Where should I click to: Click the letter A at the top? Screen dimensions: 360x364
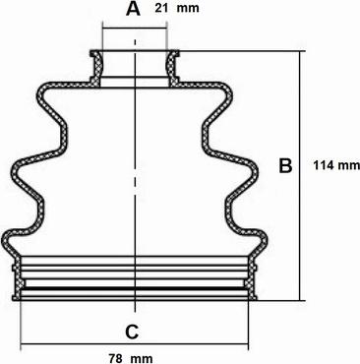pyautogui.click(x=133, y=9)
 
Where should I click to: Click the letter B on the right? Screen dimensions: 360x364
pyautogui.click(x=285, y=165)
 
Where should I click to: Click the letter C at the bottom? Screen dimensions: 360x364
pyautogui.click(x=132, y=333)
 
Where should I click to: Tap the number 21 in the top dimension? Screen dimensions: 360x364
pyautogui.click(x=161, y=8)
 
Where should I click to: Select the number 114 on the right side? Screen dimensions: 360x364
pyautogui.click(x=324, y=165)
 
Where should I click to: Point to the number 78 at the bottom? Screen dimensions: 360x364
pyautogui.click(x=115, y=358)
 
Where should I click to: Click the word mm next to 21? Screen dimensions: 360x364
pyautogui.click(x=188, y=8)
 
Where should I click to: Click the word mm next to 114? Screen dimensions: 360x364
pyautogui.click(x=349, y=165)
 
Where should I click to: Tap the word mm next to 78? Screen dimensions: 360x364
pyautogui.click(x=142, y=359)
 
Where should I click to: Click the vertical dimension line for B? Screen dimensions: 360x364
pyautogui.click(x=299, y=176)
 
